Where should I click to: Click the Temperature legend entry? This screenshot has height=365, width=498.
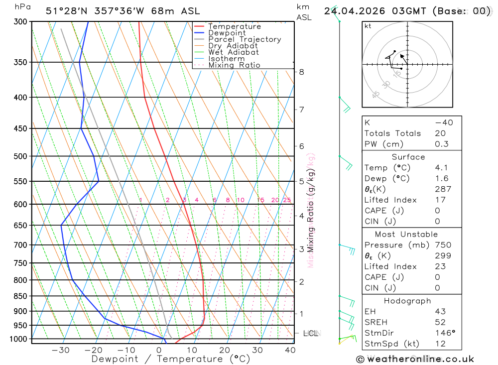tap(234, 26)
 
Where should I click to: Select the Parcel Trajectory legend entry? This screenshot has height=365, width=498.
tap(245, 39)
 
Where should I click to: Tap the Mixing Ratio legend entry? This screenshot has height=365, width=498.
tap(234, 65)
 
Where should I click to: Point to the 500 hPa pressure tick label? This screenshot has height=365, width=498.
tap(20, 156)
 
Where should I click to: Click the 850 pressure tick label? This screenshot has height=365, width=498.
tap(20, 296)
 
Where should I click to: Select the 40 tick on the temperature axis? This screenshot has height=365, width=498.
tap(290, 350)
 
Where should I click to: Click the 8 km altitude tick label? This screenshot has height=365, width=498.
tap(301, 72)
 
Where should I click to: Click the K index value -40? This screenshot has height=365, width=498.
tap(441, 122)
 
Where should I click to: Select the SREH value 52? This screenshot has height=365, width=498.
tap(440, 322)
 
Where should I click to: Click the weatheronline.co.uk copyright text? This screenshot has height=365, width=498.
tap(415, 359)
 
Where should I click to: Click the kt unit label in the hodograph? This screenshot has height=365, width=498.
tap(368, 26)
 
